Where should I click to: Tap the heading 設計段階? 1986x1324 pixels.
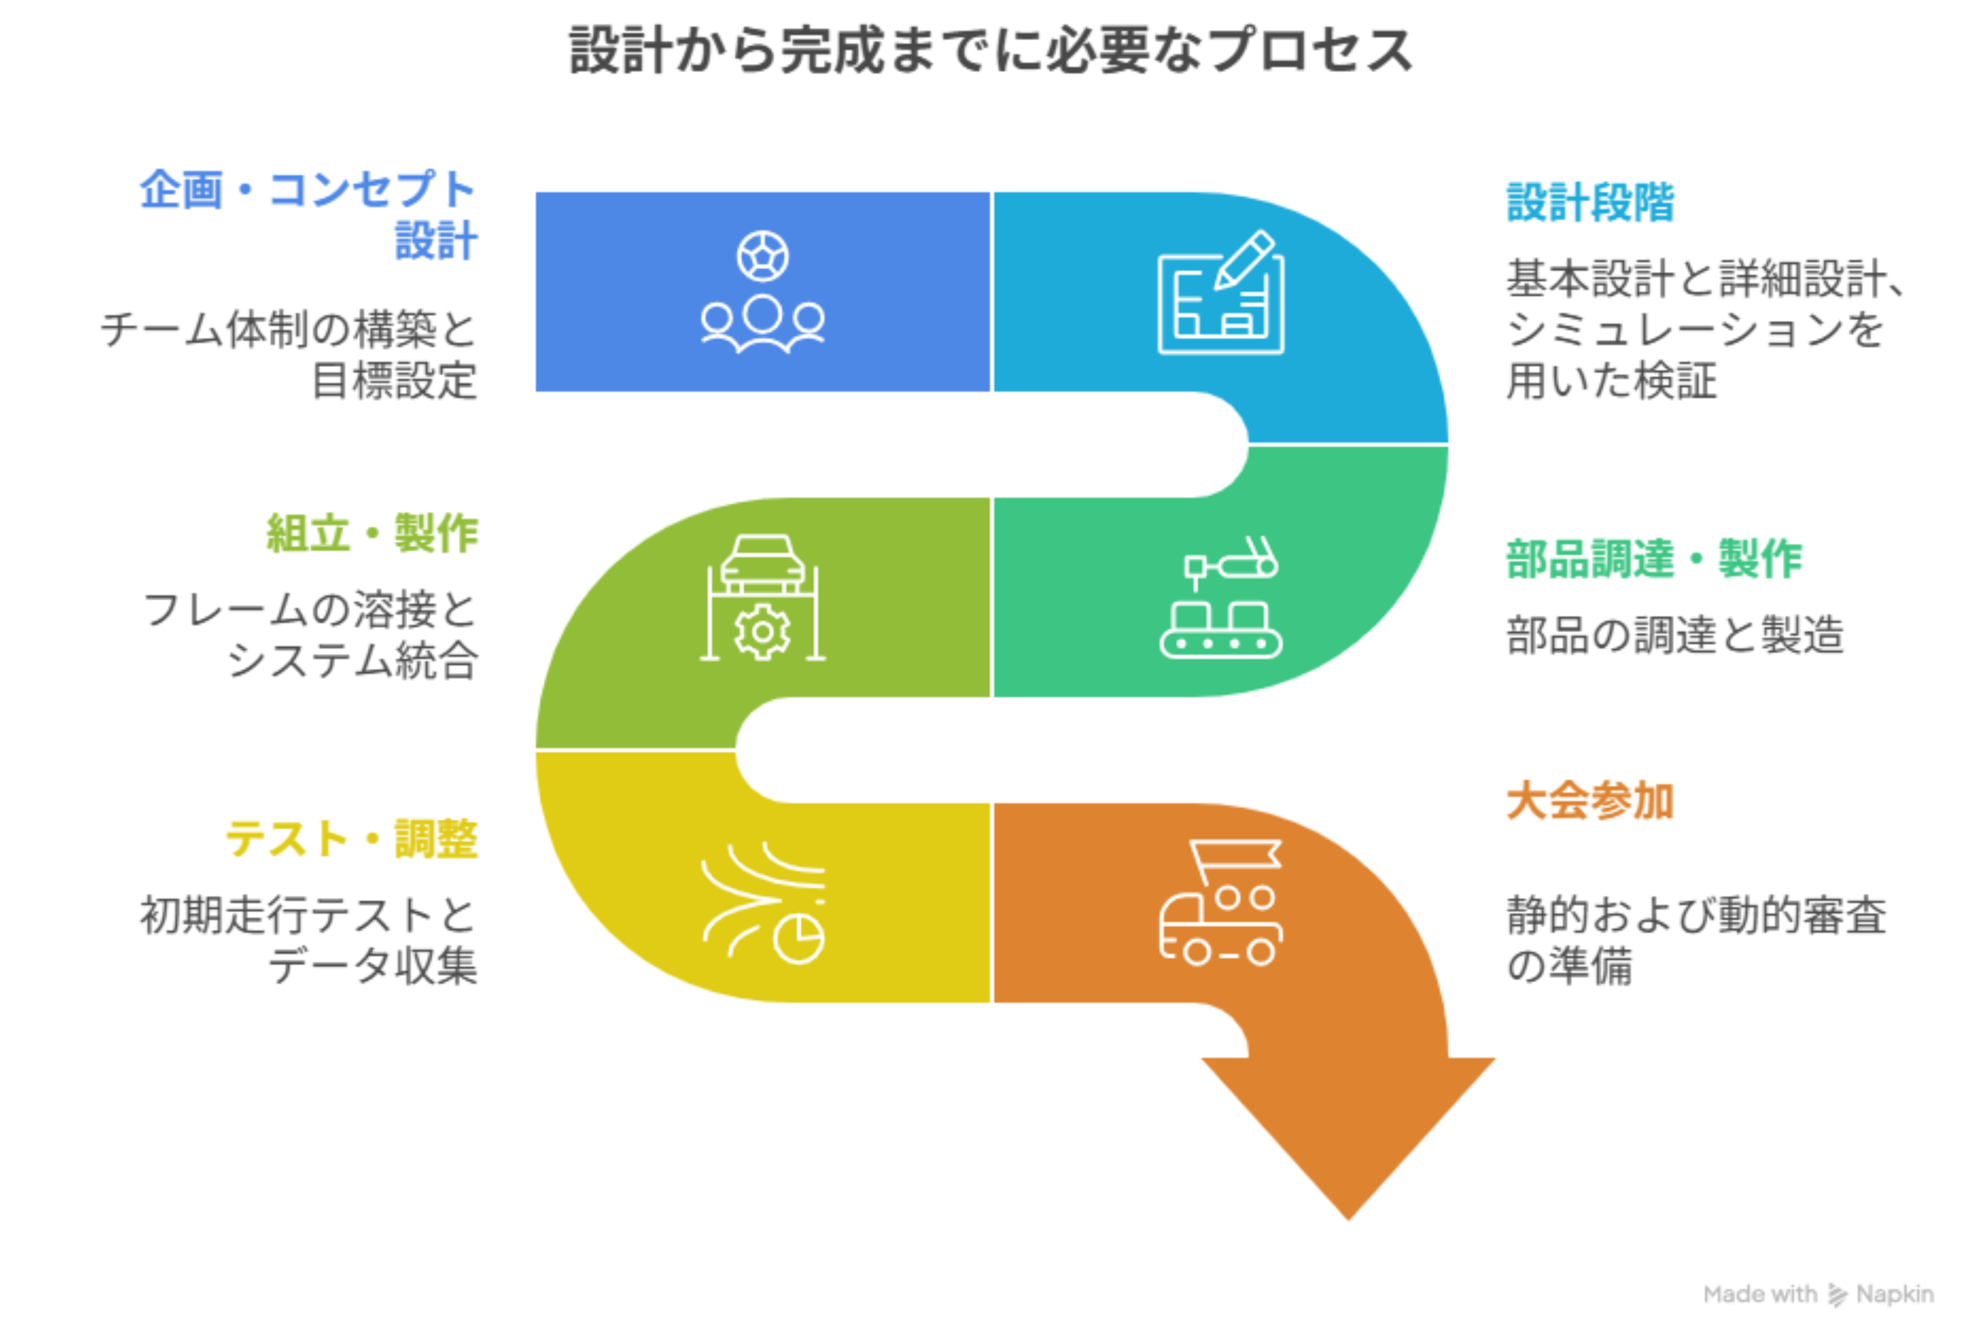coord(1590,203)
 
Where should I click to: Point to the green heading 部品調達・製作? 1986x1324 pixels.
coord(1653,559)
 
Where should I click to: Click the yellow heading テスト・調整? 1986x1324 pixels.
coord(351,839)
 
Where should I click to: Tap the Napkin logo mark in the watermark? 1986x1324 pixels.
coord(1836,1295)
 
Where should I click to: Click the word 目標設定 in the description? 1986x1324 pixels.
coord(394,381)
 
